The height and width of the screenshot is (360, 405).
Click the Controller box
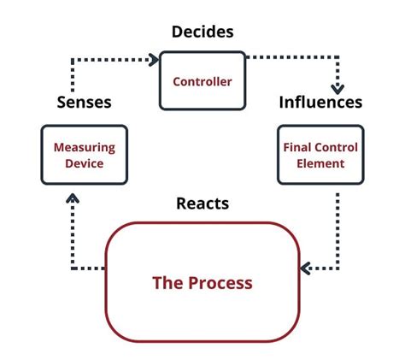pos(202,81)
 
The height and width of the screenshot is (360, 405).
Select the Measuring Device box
pos(84,155)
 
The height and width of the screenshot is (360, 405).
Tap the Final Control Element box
pos(320,155)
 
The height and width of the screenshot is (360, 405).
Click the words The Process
pos(202,282)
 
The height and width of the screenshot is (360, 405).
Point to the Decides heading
pos(202,32)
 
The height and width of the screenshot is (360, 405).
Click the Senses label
pos(84,103)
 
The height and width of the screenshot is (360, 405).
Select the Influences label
pos(320,103)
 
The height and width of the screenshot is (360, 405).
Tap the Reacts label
pos(202,203)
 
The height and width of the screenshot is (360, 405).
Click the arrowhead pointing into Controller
pos(154,59)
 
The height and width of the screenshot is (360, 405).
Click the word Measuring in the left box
pos(84,147)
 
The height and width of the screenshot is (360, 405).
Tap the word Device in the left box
pos(84,163)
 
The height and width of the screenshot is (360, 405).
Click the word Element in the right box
pos(320,163)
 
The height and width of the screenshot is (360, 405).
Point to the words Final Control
pos(320,147)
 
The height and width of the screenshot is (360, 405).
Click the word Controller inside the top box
pos(202,82)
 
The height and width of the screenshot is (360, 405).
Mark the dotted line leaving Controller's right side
pos(291,59)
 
